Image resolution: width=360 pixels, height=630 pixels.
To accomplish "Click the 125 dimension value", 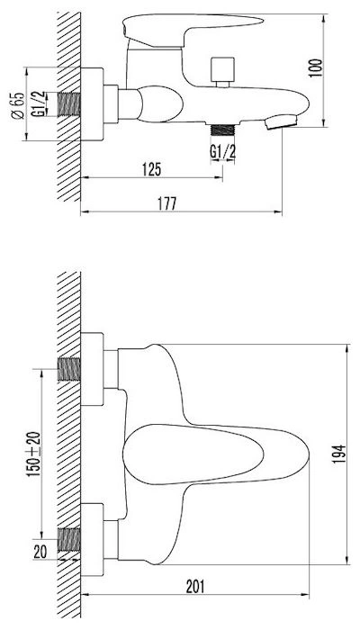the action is [x=151, y=169].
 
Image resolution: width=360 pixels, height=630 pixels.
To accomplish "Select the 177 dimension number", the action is [x=166, y=203].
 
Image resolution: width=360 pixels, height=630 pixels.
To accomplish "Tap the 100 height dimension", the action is [x=317, y=67].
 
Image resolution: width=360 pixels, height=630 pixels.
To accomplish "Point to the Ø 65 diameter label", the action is [x=18, y=105].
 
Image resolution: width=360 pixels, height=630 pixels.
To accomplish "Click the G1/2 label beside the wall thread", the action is [x=39, y=104].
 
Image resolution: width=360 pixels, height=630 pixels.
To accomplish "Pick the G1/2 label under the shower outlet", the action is [x=222, y=152].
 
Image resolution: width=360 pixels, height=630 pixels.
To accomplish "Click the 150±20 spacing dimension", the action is [x=34, y=454].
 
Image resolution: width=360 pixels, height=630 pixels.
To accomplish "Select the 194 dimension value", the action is [x=338, y=454].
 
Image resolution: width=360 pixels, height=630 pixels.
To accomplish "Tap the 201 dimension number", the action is [x=195, y=587].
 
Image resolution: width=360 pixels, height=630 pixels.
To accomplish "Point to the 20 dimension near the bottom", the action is [x=40, y=552].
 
